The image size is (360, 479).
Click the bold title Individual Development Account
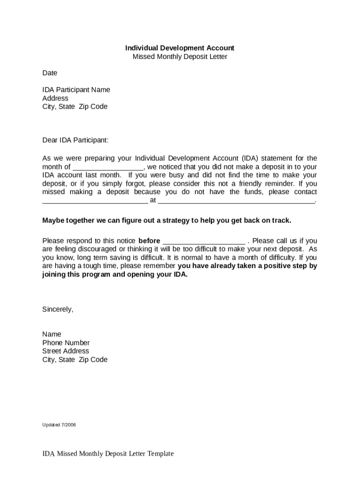click(180, 48)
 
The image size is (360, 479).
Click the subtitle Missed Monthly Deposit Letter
click(180, 57)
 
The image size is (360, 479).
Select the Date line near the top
click(50, 73)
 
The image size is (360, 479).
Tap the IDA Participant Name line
click(76, 90)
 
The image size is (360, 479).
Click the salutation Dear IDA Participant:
click(75, 140)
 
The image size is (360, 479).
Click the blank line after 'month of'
click(108, 167)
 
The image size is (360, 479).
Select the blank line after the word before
click(203, 241)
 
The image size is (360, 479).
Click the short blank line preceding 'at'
click(95, 201)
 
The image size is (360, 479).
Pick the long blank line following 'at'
click(237, 201)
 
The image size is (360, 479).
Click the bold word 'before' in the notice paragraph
click(149, 241)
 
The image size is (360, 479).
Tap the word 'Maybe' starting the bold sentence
click(53, 220)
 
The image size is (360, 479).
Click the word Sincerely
click(58, 309)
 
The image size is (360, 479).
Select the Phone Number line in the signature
click(66, 343)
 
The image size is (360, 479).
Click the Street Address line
click(65, 351)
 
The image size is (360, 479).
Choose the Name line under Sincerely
click(51, 334)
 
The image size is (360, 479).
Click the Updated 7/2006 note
click(59, 425)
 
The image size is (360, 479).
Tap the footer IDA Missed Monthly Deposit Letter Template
click(108, 454)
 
